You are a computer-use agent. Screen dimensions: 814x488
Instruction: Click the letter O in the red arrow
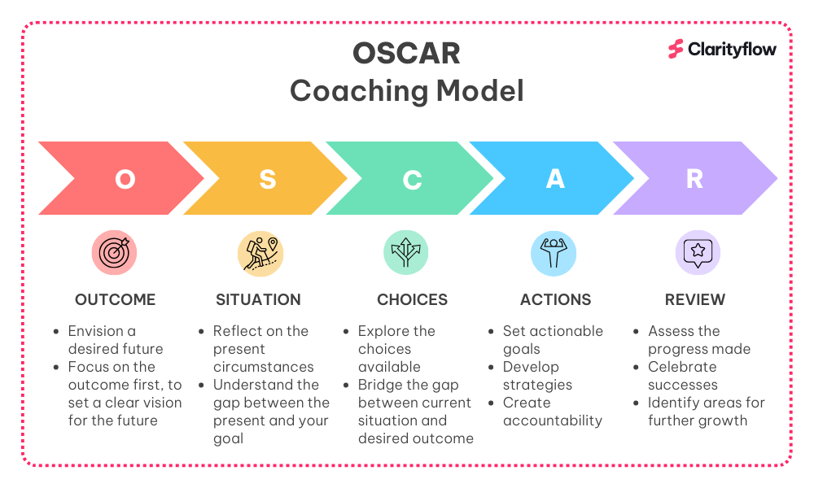click(x=125, y=180)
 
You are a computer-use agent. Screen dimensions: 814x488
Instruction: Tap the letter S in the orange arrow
click(x=268, y=180)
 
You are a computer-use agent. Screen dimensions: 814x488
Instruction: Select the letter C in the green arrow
click(x=412, y=180)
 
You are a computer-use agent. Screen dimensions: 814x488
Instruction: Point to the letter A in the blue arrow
click(x=555, y=179)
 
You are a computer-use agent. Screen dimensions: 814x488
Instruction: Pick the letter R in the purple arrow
click(x=694, y=179)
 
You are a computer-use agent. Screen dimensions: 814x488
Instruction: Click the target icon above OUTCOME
click(x=114, y=253)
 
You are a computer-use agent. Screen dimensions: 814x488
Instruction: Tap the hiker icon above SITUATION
click(x=260, y=254)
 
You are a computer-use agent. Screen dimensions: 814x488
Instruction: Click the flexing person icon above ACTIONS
click(x=554, y=254)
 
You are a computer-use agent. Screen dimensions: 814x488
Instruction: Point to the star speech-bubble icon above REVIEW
click(x=698, y=253)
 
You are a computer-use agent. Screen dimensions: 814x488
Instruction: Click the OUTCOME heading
click(x=116, y=300)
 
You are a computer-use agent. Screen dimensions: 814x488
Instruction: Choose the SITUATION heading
click(x=259, y=300)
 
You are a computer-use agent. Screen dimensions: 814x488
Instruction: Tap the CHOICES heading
click(x=412, y=300)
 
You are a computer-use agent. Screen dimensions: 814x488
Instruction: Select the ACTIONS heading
click(x=555, y=300)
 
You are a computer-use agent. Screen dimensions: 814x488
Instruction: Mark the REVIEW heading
click(x=695, y=300)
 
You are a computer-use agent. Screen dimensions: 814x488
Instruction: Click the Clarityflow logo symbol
click(x=676, y=50)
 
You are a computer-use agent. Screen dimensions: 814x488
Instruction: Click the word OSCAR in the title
click(x=406, y=54)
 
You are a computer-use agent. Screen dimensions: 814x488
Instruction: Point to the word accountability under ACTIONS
click(x=553, y=420)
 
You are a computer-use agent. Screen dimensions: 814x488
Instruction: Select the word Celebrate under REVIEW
click(x=682, y=367)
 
